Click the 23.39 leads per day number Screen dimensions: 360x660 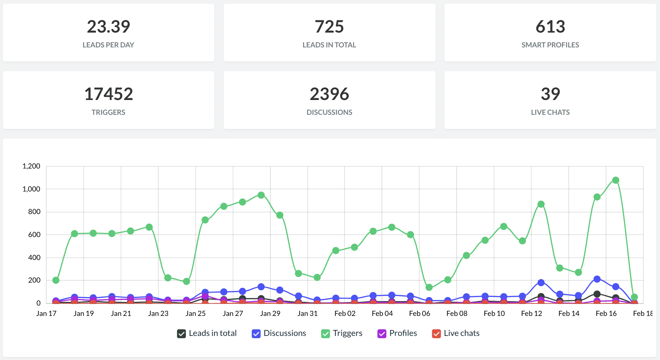(109, 27)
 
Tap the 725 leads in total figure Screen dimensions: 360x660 (329, 27)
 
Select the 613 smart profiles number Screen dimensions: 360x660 (550, 27)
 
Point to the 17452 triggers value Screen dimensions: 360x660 (109, 94)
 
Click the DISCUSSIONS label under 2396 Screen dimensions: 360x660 (329, 112)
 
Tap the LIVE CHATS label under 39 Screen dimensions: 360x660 (550, 112)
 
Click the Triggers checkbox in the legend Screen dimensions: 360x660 (326, 334)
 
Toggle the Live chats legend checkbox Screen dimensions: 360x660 (437, 334)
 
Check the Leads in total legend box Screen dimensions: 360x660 (181, 334)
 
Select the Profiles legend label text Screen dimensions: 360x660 (403, 333)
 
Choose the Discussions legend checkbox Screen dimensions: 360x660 (256, 334)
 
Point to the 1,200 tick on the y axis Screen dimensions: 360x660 (31, 166)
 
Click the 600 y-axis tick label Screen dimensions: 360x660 (34, 235)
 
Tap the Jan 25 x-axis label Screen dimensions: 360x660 (196, 314)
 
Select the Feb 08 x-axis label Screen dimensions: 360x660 (457, 314)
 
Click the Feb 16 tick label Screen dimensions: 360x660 (606, 314)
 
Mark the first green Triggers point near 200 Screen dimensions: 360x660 (56, 280)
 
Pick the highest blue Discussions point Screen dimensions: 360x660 (597, 279)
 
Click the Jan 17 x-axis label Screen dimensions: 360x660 (46, 314)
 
